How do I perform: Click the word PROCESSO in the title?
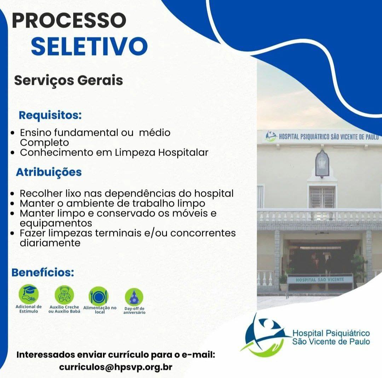tap(69, 20)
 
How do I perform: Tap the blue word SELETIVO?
tap(89, 46)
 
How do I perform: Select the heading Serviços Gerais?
tap(69, 81)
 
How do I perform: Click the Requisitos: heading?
tap(50, 115)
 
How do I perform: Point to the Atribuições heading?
tap(49, 172)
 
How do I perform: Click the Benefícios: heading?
tap(43, 272)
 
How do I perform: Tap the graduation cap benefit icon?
tap(29, 294)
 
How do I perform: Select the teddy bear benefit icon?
tap(64, 295)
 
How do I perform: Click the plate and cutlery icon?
tap(98, 296)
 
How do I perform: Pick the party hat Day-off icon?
tap(134, 297)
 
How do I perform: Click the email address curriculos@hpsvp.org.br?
tap(116, 367)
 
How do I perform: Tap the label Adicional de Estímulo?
tap(29, 309)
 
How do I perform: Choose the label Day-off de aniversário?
tap(134, 310)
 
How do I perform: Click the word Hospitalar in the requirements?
tap(183, 153)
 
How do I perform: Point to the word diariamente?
tap(50, 243)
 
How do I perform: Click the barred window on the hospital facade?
tap(322, 197)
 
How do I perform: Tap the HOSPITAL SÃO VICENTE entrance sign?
tap(320, 280)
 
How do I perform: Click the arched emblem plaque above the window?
tap(322, 163)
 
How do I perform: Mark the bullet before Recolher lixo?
tap(13, 194)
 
